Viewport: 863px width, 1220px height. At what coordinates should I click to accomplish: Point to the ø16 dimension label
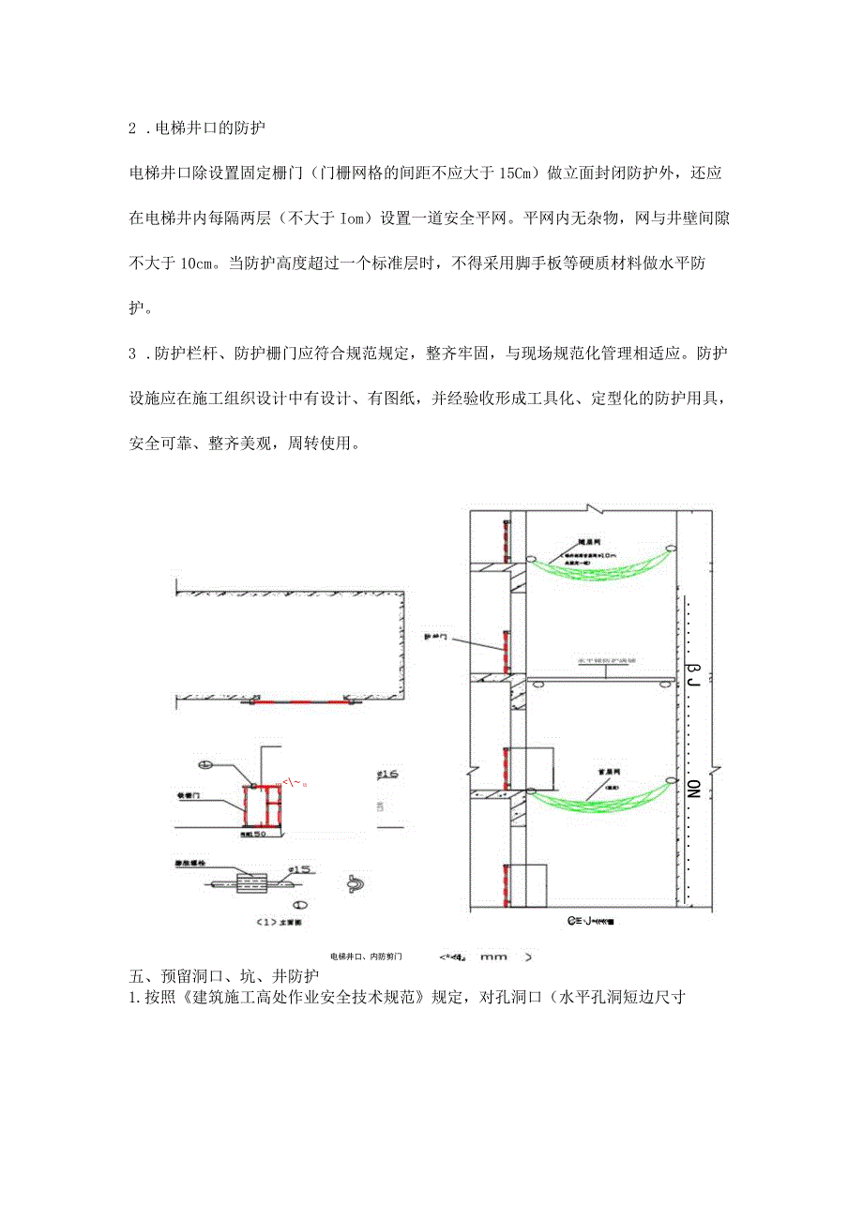pos(386,774)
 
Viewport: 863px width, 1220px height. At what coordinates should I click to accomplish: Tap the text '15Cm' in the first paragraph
pos(513,173)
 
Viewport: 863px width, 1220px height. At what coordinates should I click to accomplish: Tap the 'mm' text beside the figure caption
pos(492,957)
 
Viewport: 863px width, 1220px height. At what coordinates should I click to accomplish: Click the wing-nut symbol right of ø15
pos(358,882)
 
